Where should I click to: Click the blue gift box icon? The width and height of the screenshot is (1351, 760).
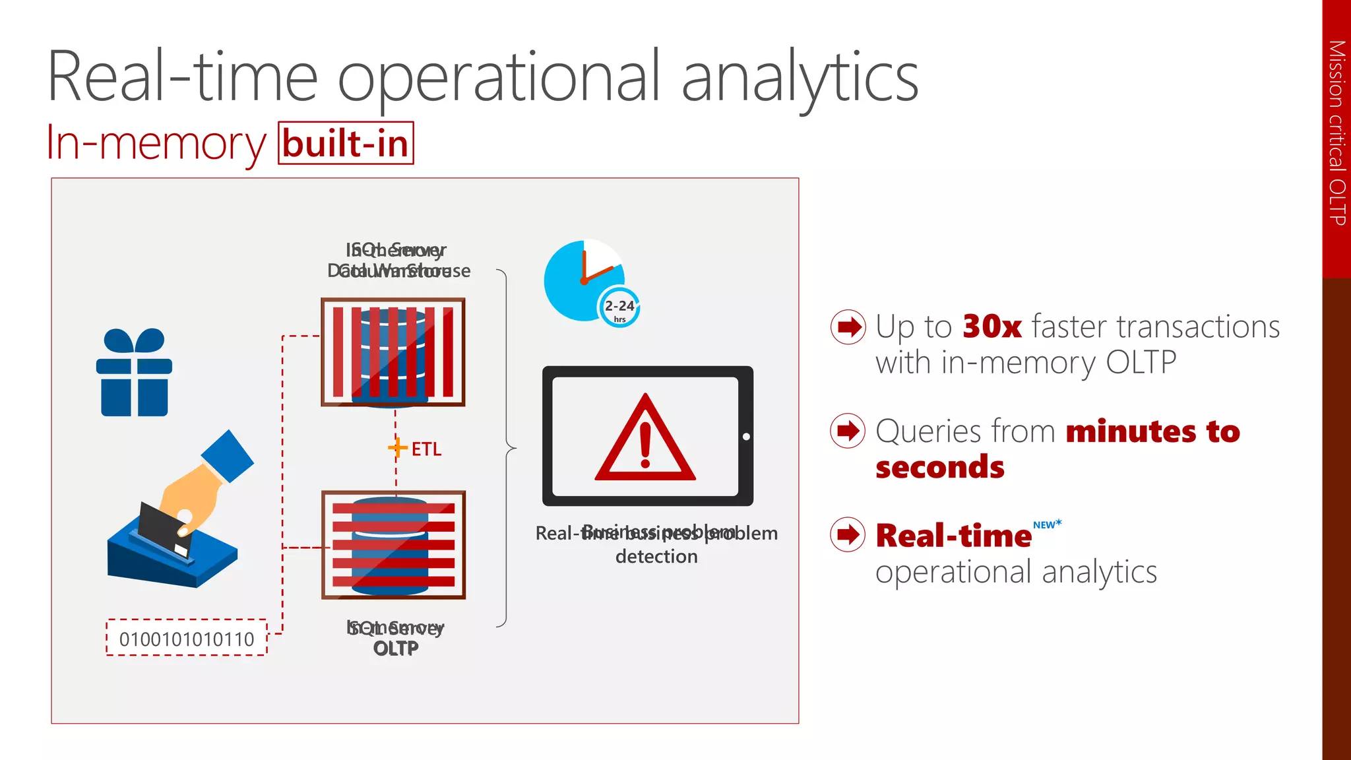(x=135, y=373)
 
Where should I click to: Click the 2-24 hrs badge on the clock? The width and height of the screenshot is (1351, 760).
(x=619, y=308)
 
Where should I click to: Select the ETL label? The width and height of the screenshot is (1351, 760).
(x=426, y=449)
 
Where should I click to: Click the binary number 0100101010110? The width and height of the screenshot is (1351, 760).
(x=187, y=639)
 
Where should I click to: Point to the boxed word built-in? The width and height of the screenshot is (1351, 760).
(x=346, y=143)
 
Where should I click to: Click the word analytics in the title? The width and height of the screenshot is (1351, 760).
(x=800, y=78)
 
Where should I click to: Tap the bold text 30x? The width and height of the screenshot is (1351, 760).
(x=991, y=327)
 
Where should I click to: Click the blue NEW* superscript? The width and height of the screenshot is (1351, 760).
(x=1047, y=524)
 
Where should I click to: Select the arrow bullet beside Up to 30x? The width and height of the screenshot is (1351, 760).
(x=848, y=327)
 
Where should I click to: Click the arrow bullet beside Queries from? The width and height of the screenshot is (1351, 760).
(x=848, y=431)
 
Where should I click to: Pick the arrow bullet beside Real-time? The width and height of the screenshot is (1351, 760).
(x=848, y=534)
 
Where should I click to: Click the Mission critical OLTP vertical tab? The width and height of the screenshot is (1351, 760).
(x=1336, y=132)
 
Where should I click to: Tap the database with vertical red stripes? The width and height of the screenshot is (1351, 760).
(x=393, y=352)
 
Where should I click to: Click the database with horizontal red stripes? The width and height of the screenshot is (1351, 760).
(x=393, y=545)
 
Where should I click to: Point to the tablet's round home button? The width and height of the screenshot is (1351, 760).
(x=746, y=437)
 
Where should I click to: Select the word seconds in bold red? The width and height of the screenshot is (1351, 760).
(x=939, y=467)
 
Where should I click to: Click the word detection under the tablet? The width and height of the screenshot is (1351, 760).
(x=656, y=557)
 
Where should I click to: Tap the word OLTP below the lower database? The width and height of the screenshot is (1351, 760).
(x=396, y=649)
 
